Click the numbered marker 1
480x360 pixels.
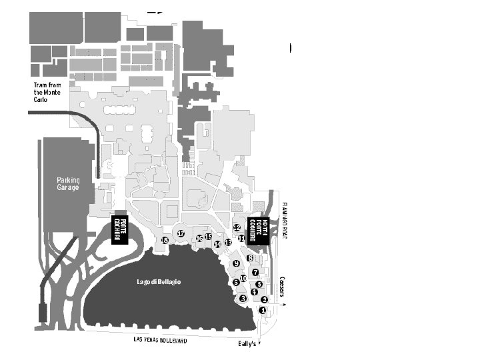[x=263, y=310]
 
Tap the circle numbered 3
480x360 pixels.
[x=243, y=299]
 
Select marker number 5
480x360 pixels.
[x=259, y=285]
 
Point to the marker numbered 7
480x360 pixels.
[x=255, y=272]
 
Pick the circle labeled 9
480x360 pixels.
[x=236, y=264]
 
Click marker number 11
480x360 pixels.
[x=241, y=238]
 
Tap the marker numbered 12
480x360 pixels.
[x=237, y=227]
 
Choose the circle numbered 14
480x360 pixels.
[x=217, y=245]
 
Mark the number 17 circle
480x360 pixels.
[x=181, y=233]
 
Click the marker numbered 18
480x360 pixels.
[x=165, y=240]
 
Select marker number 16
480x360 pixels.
[x=199, y=238]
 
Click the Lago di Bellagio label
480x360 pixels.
[x=159, y=282]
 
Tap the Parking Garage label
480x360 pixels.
[x=67, y=184]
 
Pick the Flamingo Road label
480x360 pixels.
[x=283, y=219]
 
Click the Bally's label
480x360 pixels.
[x=247, y=345]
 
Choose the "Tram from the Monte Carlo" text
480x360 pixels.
[x=47, y=92]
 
